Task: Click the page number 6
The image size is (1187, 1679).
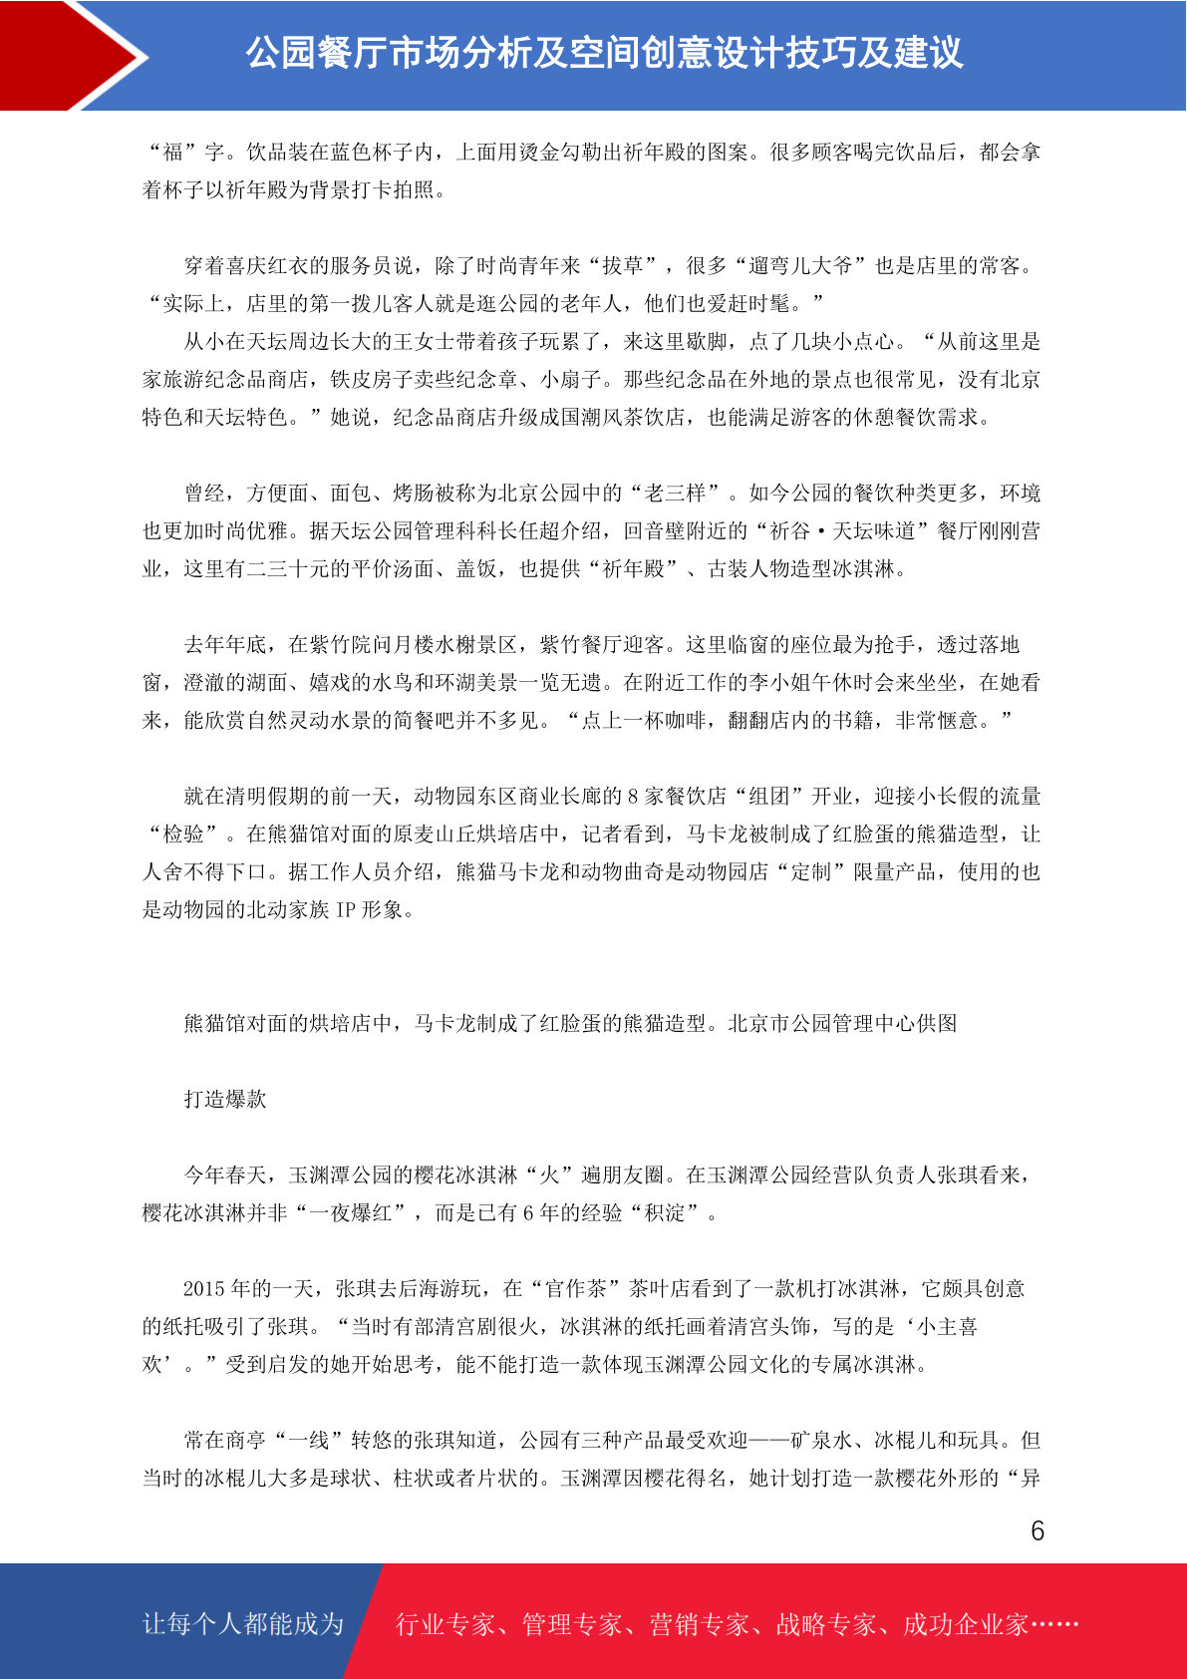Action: [x=1037, y=1530]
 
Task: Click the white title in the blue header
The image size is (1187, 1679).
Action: [x=604, y=53]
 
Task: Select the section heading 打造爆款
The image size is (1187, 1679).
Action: [x=225, y=1099]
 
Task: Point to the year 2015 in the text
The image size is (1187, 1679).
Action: [x=204, y=1288]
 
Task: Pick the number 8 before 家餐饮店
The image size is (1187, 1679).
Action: [x=632, y=796]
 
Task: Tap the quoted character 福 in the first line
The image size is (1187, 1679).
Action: [x=173, y=152]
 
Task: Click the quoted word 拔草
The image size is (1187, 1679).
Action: [x=623, y=265]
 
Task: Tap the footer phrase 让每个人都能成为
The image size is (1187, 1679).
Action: [x=243, y=1623]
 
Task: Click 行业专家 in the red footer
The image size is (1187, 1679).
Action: [x=445, y=1624]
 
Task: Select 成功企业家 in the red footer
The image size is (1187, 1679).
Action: [x=965, y=1624]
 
